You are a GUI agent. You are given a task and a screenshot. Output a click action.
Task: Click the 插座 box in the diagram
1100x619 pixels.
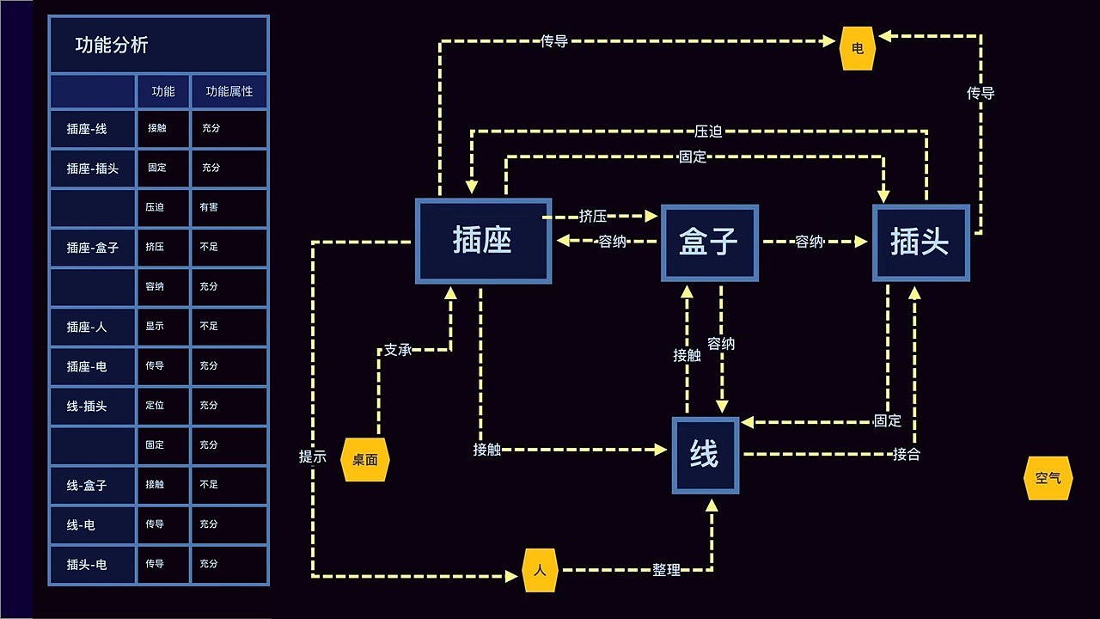tap(483, 241)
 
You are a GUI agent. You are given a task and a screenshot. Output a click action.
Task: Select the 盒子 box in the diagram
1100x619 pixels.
tap(709, 242)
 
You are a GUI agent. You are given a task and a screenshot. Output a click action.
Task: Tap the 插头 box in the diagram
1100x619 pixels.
tap(920, 242)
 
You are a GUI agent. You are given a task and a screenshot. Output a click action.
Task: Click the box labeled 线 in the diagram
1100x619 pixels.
tap(705, 456)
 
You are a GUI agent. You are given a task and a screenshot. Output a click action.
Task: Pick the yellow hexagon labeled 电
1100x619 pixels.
tap(857, 49)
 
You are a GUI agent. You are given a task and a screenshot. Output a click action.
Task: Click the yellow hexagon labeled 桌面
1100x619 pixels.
tap(365, 460)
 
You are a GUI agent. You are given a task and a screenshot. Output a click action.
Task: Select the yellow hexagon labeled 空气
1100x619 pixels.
tap(1048, 478)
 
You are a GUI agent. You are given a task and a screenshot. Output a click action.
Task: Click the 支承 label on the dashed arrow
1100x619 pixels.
tap(397, 350)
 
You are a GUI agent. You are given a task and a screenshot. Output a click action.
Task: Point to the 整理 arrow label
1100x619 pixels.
tap(666, 569)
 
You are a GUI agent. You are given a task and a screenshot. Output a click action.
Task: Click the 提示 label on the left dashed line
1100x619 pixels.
tap(313, 457)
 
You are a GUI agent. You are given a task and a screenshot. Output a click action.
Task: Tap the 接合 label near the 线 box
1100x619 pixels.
tap(907, 454)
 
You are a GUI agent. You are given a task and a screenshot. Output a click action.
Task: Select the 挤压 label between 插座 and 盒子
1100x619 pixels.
tap(593, 216)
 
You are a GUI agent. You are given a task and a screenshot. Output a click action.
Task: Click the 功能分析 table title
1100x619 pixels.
tap(112, 46)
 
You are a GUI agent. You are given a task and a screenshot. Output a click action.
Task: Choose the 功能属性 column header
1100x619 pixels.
tap(229, 91)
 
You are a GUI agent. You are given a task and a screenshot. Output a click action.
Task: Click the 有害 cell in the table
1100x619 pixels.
tap(209, 207)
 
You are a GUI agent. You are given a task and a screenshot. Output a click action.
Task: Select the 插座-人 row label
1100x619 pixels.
tap(87, 327)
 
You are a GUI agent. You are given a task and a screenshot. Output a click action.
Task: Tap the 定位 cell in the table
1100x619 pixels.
tap(155, 405)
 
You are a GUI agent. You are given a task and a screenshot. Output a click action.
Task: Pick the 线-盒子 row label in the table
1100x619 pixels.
tap(87, 485)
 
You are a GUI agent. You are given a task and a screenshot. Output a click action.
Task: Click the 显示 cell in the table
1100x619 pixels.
tap(155, 326)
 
